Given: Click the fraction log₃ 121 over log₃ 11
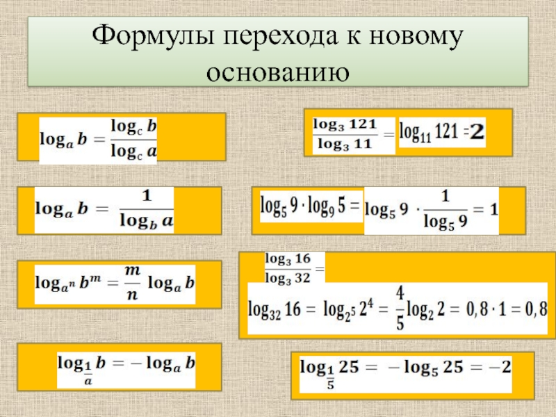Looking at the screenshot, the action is pyautogui.click(x=345, y=134).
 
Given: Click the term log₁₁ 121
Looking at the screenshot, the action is pyautogui.click(x=427, y=131).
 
